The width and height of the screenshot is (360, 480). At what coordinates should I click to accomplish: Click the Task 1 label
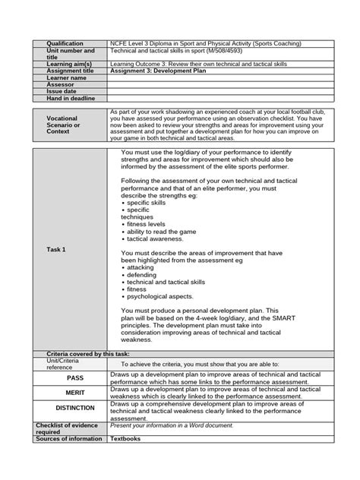pyautogui.click(x=56, y=249)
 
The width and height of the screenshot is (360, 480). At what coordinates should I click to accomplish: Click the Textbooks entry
pyautogui.click(x=126, y=438)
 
